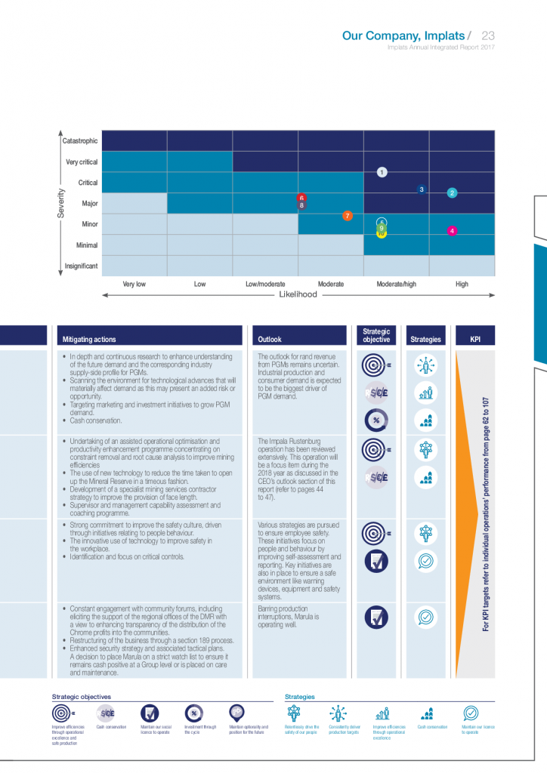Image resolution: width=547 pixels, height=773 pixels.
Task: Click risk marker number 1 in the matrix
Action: pyautogui.click(x=382, y=172)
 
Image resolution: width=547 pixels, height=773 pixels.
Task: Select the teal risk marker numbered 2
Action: pyautogui.click(x=452, y=192)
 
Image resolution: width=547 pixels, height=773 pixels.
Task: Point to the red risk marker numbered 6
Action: pyautogui.click(x=301, y=197)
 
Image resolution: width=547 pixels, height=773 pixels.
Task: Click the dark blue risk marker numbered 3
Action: pyautogui.click(x=422, y=189)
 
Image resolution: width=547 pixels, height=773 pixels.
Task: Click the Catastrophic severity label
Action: pyautogui.click(x=79, y=140)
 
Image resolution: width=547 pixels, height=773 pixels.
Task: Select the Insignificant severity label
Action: pyautogui.click(x=81, y=266)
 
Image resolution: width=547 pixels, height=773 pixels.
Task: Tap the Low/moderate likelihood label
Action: pyautogui.click(x=265, y=285)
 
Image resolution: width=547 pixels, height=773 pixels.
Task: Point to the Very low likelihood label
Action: pyautogui.click(x=134, y=285)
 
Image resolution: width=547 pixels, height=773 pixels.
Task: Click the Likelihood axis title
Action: pyautogui.click(x=298, y=295)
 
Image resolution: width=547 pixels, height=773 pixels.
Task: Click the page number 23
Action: pyautogui.click(x=487, y=35)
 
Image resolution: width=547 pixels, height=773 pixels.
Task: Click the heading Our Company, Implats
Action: pyautogui.click(x=403, y=35)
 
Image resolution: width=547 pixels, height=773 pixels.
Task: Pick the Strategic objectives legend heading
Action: pyautogui.click(x=82, y=697)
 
